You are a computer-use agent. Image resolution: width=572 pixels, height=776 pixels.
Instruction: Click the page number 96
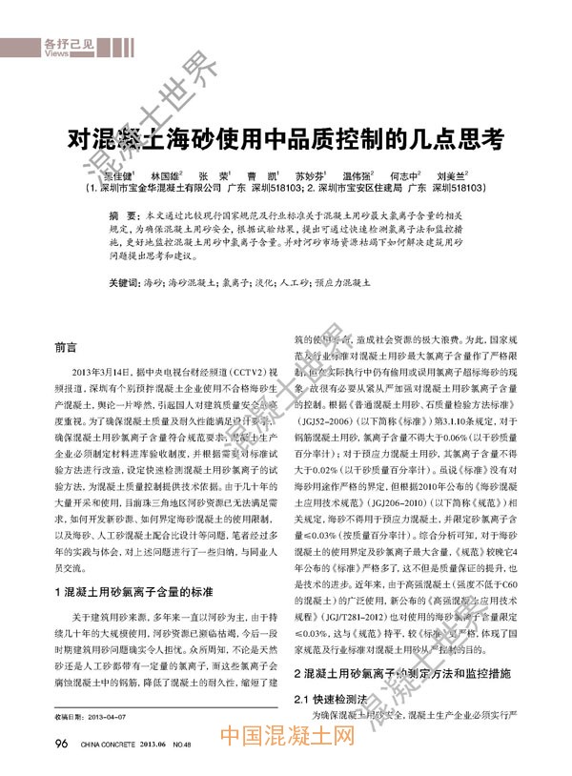pyautogui.click(x=61, y=743)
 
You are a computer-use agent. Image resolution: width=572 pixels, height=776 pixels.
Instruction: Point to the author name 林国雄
pyautogui.click(x=168, y=176)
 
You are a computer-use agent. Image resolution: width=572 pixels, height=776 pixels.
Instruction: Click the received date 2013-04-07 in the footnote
pyautogui.click(x=107, y=717)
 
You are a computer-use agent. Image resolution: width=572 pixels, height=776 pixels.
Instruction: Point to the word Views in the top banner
pyautogui.click(x=55, y=54)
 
